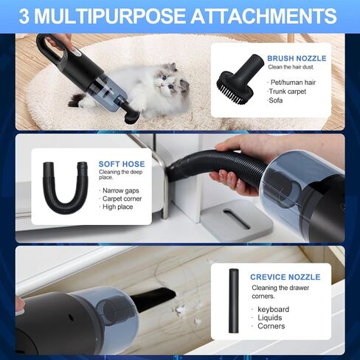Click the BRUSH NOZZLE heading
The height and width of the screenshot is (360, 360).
coord(296,58)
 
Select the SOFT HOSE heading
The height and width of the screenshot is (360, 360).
coord(122,164)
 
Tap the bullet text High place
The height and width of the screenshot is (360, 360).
coord(119,208)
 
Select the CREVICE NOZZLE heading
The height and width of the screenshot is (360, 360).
coord(285,277)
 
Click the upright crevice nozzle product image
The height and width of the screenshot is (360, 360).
coord(233,302)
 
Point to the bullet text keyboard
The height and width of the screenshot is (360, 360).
coord(273,309)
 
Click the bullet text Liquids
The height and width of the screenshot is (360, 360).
coord(269,317)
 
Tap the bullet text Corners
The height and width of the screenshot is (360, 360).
coord(271,326)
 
